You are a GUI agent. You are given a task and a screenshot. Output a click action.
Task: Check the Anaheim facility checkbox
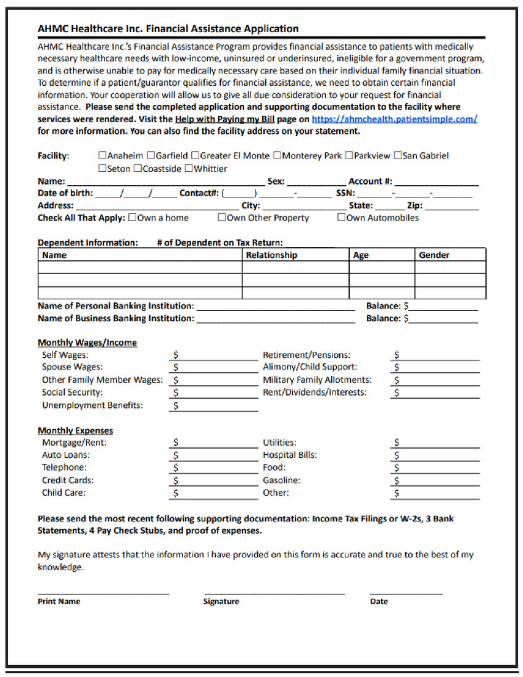102,156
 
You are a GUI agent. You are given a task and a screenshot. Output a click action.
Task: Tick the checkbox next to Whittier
189,168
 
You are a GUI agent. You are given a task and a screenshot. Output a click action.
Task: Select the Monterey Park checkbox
278,156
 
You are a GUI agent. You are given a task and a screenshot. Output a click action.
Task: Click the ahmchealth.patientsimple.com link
394,119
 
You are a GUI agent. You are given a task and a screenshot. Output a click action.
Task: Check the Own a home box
132,218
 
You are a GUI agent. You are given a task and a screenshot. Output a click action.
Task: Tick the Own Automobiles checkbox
341,218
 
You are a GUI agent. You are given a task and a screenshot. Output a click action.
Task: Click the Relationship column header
271,255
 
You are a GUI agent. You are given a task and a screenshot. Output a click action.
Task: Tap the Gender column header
434,255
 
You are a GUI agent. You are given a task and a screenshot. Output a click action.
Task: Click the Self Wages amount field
216,356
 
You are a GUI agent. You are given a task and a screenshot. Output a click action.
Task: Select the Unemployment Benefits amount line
216,407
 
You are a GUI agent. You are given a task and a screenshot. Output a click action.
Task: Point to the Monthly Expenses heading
75,431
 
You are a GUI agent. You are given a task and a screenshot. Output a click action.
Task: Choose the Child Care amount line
216,494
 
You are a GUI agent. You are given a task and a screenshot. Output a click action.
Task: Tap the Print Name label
59,602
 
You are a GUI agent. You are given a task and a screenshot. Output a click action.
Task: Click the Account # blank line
436,183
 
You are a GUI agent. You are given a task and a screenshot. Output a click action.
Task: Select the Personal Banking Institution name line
275,307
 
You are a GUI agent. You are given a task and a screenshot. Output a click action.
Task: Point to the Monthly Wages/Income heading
87,343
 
